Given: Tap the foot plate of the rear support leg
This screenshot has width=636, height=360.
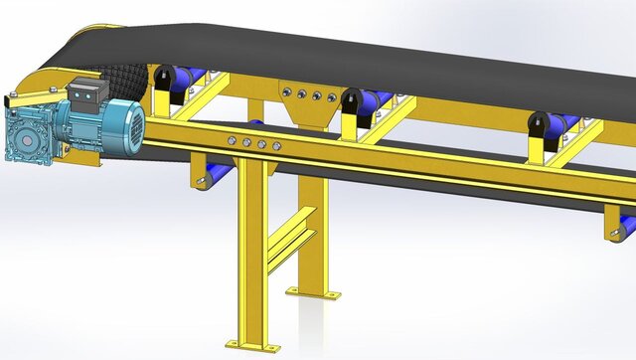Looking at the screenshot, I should [313, 293].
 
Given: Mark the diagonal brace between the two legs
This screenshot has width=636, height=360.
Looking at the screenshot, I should [292, 244].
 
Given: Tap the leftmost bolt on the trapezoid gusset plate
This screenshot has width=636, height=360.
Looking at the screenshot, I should [289, 95].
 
